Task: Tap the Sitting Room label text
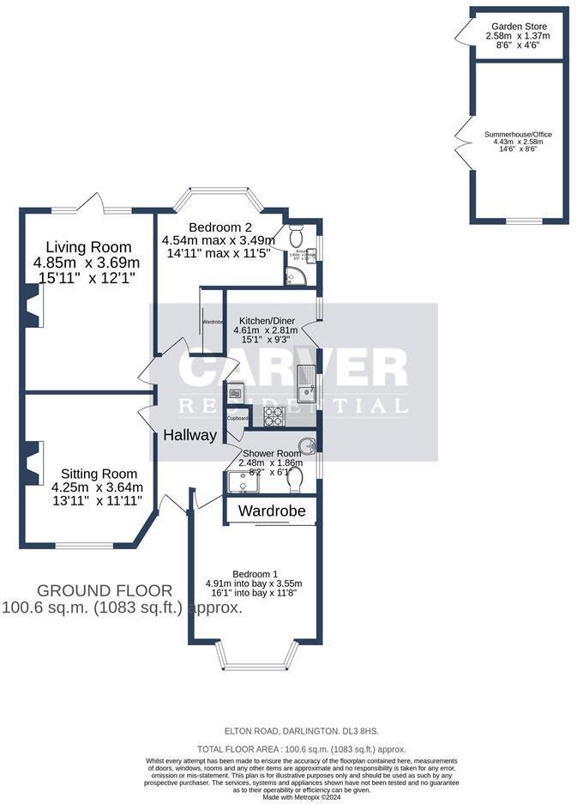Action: coord(99,473)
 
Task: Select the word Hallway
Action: coord(190,435)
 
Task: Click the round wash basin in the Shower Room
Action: coord(309,445)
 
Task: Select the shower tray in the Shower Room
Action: coord(243,482)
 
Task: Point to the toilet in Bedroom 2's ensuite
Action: coord(295,234)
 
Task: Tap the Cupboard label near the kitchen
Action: coord(238,418)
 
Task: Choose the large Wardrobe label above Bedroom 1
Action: coord(270,511)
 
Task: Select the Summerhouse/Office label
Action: coord(518,134)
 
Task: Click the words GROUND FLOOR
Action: coord(105,590)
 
